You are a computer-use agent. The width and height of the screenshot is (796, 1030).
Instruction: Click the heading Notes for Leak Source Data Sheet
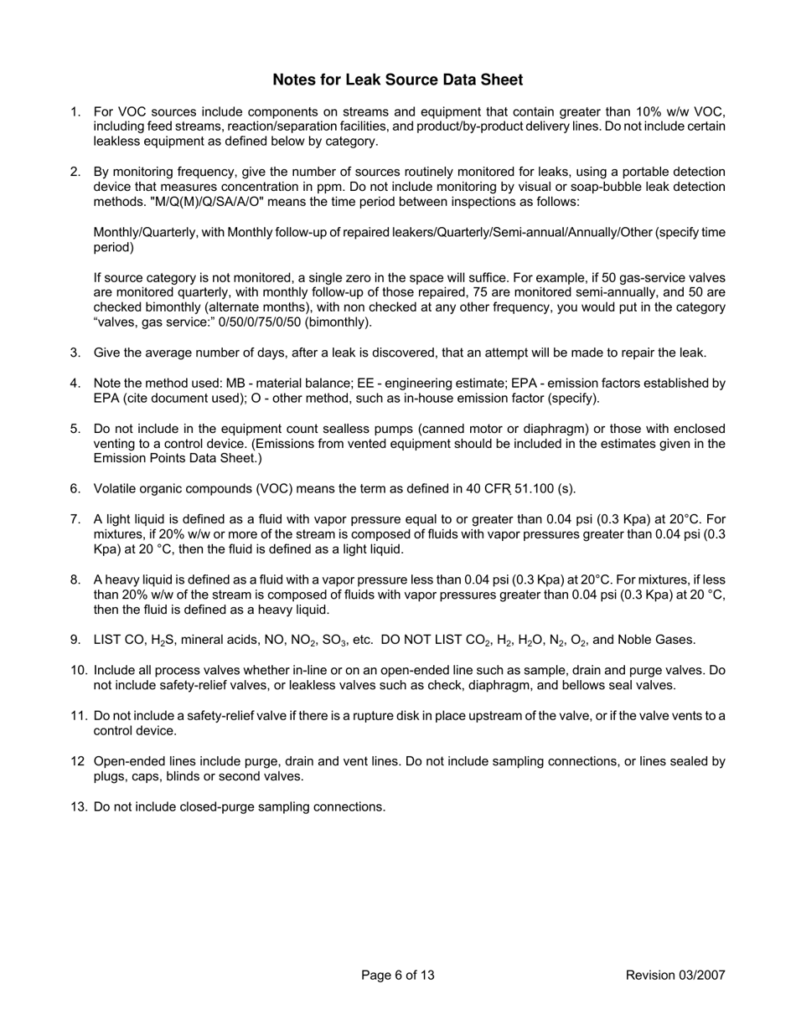(x=397, y=80)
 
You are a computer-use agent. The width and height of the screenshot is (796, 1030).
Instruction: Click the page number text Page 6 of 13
(x=397, y=975)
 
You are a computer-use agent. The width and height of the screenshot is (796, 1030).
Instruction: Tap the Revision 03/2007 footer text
(x=675, y=975)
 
